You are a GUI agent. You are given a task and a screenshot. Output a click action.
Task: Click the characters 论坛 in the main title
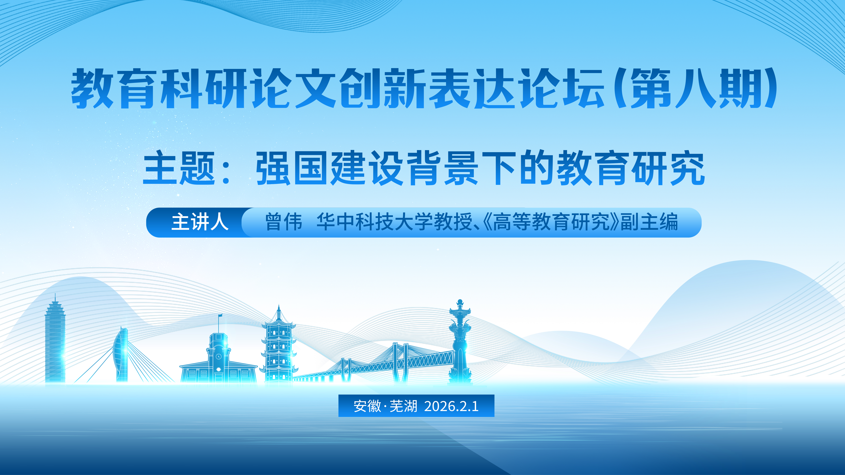coord(563,88)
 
